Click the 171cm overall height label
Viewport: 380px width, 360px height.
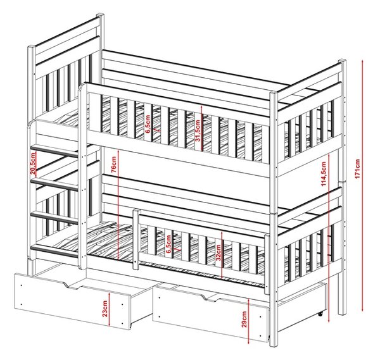coord(357,169)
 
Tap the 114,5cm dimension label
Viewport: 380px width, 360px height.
coord(323,174)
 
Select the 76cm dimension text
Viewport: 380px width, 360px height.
coord(113,164)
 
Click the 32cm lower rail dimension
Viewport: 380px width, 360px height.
coord(218,252)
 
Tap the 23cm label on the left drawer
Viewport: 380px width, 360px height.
coord(104,309)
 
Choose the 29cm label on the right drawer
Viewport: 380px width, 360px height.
coord(244,319)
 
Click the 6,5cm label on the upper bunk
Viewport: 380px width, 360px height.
coord(148,124)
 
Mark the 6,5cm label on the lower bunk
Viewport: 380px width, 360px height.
coord(168,244)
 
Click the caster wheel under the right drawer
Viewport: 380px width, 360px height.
coord(320,314)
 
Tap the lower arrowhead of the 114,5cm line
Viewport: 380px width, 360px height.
coord(329,320)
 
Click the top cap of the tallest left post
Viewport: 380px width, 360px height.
coord(100,15)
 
